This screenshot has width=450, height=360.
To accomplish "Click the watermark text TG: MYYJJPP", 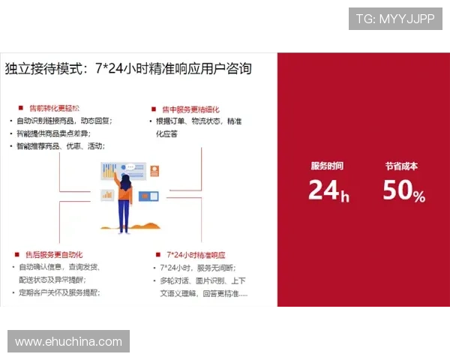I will coord(395,17).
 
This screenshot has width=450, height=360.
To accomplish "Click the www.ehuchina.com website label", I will coord(68,342).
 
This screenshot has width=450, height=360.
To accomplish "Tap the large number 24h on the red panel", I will coord(328,190).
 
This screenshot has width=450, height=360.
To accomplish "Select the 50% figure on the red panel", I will coord(403,191).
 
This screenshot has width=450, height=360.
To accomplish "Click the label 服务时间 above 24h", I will coord(327,166).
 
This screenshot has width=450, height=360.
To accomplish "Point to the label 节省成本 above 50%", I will coord(401,166).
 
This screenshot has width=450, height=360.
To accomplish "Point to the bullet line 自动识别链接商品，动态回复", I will coord(64,121).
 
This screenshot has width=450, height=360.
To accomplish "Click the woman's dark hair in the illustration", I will coord(125,182).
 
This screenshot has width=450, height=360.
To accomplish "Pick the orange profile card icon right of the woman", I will coord(154,172).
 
